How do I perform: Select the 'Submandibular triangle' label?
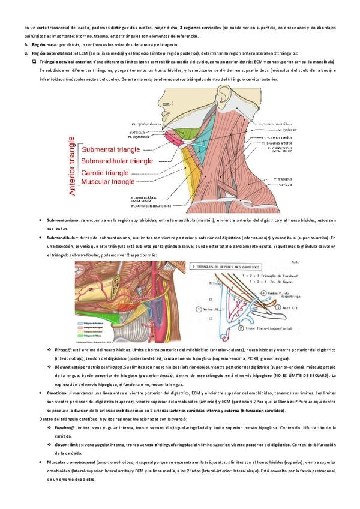[x=118, y=161]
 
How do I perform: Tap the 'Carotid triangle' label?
[x=105, y=172]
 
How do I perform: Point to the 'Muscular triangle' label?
[x=109, y=181]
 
